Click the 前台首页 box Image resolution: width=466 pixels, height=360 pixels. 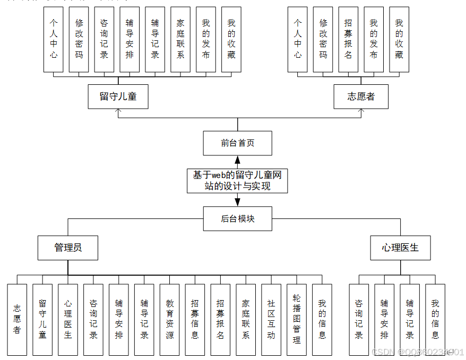237,143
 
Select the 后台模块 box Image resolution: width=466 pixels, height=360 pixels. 237,218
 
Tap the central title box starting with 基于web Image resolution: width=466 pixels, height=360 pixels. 237,181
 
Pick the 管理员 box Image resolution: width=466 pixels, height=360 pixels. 68,248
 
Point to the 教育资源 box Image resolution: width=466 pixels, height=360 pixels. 169,319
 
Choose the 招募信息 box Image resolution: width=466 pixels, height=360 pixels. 195,319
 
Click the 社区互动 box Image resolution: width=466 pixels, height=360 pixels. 271,319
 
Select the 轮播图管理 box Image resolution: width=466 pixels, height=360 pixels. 297,319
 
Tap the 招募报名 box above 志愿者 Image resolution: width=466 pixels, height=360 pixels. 348,39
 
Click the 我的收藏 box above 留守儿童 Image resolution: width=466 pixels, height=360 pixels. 231,39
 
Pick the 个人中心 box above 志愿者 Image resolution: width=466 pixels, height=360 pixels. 298,39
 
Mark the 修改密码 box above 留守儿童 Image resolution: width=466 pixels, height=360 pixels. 79,39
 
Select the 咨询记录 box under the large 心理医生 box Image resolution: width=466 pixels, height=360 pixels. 359,319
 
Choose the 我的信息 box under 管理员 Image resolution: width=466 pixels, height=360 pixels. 322,319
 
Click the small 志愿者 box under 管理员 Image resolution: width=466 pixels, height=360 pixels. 17,319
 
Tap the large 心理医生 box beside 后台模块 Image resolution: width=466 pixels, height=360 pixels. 400,248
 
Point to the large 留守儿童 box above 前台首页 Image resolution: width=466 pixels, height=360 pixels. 118,96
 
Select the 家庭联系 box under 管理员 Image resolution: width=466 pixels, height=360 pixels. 246,319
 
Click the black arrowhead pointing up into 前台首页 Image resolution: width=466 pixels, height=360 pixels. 237,160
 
